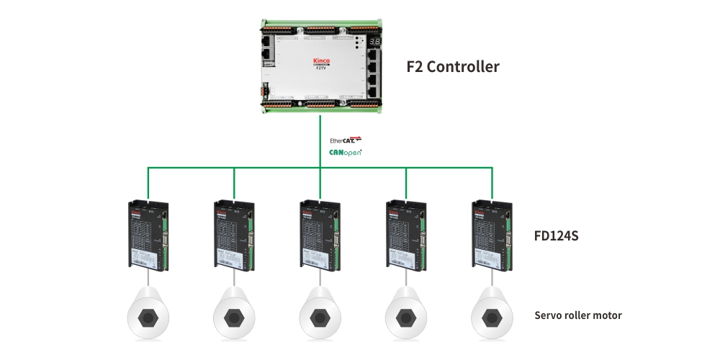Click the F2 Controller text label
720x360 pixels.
click(x=453, y=67)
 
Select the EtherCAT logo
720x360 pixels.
click(x=346, y=139)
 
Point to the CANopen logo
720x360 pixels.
click(x=346, y=152)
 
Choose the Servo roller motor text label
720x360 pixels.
click(x=578, y=315)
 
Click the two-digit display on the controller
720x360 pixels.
click(x=375, y=42)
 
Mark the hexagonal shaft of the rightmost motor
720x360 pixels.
click(x=492, y=317)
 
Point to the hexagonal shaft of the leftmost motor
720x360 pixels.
click(x=148, y=317)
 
